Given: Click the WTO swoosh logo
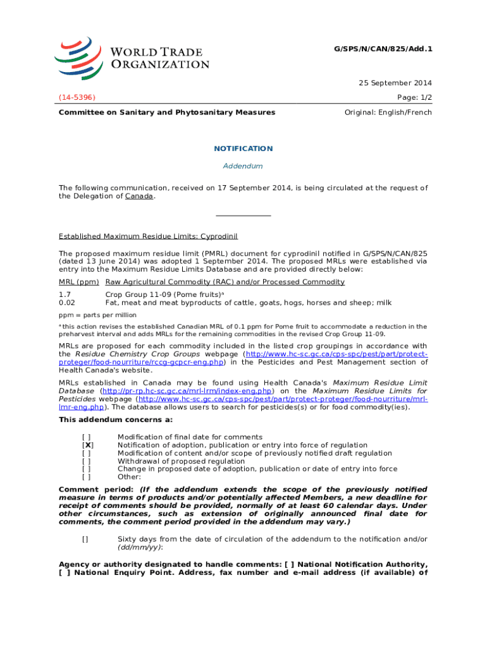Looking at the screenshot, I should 78,57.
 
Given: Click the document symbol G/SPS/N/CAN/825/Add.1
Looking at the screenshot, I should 382,49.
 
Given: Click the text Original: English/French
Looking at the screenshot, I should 388,112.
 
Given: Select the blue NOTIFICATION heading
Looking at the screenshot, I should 243,148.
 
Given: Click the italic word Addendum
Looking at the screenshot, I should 243,166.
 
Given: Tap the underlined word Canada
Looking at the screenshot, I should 139,197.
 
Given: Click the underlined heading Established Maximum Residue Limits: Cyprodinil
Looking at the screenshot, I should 148,236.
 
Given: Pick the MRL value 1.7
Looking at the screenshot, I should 65,294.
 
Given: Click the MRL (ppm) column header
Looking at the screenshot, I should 79,282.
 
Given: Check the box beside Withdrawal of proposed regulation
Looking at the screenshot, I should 86,461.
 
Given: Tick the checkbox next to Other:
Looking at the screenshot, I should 86,477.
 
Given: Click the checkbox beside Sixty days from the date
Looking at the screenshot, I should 85,539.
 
